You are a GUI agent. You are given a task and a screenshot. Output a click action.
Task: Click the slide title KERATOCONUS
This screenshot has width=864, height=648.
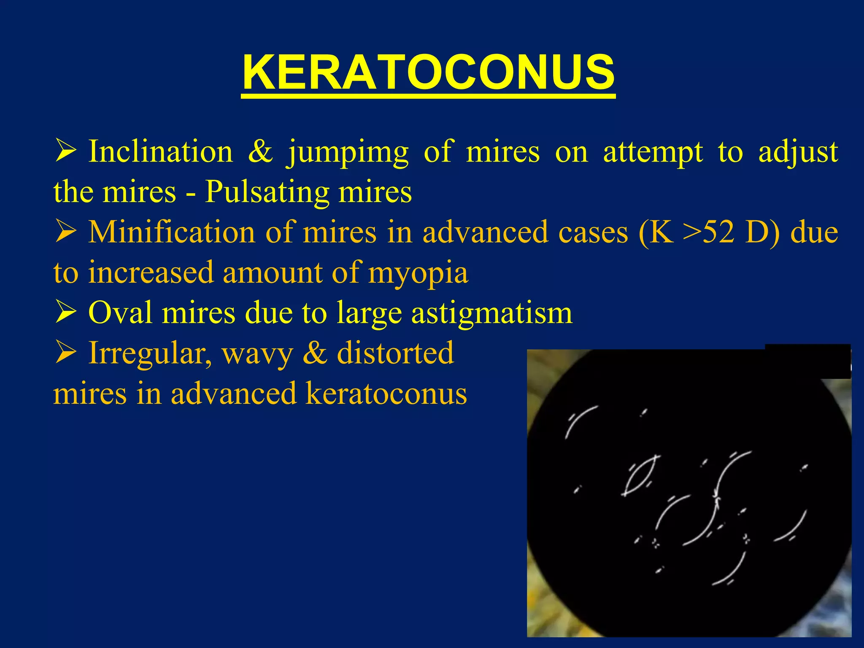(x=428, y=73)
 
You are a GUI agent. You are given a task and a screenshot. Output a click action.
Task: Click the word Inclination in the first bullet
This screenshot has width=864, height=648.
(x=160, y=151)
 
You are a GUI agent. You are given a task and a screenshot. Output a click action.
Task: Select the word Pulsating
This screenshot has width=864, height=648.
(x=267, y=192)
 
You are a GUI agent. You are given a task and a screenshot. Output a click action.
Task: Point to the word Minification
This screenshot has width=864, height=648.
(x=171, y=232)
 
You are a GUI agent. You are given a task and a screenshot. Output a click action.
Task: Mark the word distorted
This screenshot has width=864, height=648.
(x=395, y=353)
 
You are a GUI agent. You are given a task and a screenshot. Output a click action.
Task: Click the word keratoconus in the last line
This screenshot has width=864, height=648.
(x=386, y=394)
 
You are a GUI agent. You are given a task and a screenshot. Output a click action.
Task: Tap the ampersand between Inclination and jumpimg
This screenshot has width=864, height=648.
(x=260, y=151)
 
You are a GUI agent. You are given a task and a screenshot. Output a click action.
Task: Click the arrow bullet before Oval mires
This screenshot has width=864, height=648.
(x=65, y=313)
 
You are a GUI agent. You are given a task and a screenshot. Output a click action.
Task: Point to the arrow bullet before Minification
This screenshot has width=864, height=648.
(x=65, y=232)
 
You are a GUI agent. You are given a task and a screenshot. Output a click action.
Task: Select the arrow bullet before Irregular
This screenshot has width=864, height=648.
(x=65, y=354)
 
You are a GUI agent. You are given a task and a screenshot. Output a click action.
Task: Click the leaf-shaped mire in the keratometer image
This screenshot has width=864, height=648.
(x=640, y=475)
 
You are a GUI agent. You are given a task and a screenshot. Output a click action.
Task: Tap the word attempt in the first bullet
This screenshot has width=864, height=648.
(x=653, y=152)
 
